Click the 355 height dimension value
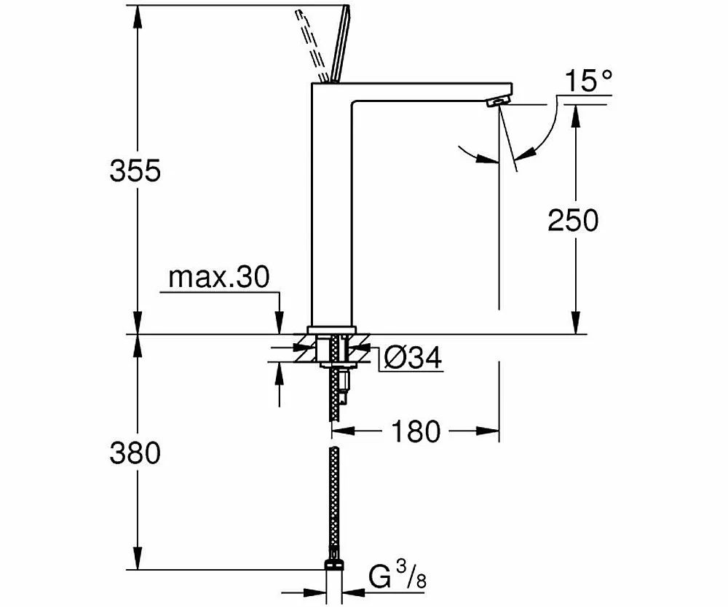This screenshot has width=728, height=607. tap(135, 170)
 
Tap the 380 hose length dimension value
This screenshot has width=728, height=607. tap(135, 453)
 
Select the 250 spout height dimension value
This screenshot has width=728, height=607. tap(573, 220)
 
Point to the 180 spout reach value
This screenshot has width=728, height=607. tap(416, 431)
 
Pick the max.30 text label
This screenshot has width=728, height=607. tap(218, 277)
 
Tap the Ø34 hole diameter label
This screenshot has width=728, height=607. tap(413, 358)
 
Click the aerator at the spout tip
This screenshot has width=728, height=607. tap(496, 102)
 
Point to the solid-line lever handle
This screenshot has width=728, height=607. tap(339, 44)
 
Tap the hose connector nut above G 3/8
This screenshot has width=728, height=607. tap(334, 564)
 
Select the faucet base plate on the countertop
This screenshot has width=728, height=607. tap(331, 329)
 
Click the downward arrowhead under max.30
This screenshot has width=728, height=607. tap(279, 322)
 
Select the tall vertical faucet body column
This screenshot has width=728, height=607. tap(331, 205)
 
